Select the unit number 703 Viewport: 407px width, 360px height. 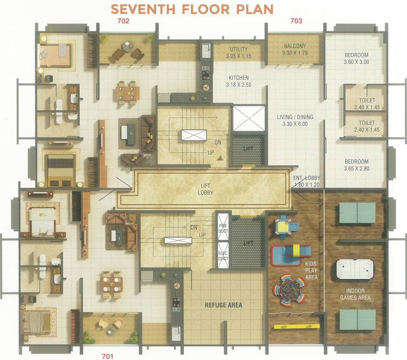tap(296, 21)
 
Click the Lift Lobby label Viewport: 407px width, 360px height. tap(205, 189)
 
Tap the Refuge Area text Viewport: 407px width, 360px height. tap(223, 305)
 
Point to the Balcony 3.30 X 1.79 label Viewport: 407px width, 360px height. tap(294, 50)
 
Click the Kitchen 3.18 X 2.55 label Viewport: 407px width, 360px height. tap(239, 81)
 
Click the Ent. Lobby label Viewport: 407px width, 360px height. tap(306, 181)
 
